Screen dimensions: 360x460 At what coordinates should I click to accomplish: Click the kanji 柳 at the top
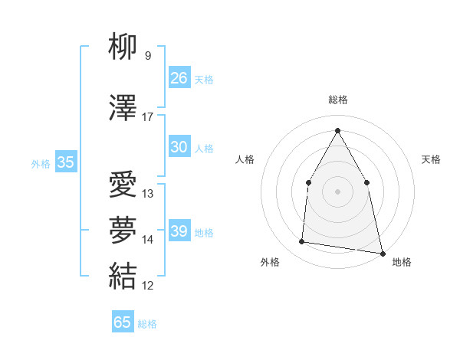[x=123, y=47]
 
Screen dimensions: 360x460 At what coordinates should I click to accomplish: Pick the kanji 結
[x=123, y=275]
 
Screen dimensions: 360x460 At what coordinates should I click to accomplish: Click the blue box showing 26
[x=179, y=77]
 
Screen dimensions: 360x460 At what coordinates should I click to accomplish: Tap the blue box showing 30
[x=179, y=147]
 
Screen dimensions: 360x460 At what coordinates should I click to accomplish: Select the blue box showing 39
[x=179, y=231]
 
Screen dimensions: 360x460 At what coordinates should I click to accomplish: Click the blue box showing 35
[x=66, y=162]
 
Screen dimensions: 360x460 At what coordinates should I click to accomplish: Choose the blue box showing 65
[x=123, y=322]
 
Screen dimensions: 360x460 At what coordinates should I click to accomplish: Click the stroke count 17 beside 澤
[x=148, y=117]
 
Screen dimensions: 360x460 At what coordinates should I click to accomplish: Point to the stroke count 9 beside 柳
[x=148, y=56]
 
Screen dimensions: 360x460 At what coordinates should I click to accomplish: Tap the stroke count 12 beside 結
[x=148, y=286]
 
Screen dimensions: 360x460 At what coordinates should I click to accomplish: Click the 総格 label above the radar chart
[x=337, y=100]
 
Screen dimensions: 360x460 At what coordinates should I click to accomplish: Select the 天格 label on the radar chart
[x=432, y=159]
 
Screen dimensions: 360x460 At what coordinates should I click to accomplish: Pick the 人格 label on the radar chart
[x=245, y=159]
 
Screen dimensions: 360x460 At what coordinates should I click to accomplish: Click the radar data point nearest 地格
[x=381, y=252]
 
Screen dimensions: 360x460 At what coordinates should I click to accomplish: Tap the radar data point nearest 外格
[x=301, y=242]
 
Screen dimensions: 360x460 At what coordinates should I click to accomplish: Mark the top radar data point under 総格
[x=337, y=129]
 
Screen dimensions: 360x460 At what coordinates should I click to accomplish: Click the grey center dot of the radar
[x=337, y=191]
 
